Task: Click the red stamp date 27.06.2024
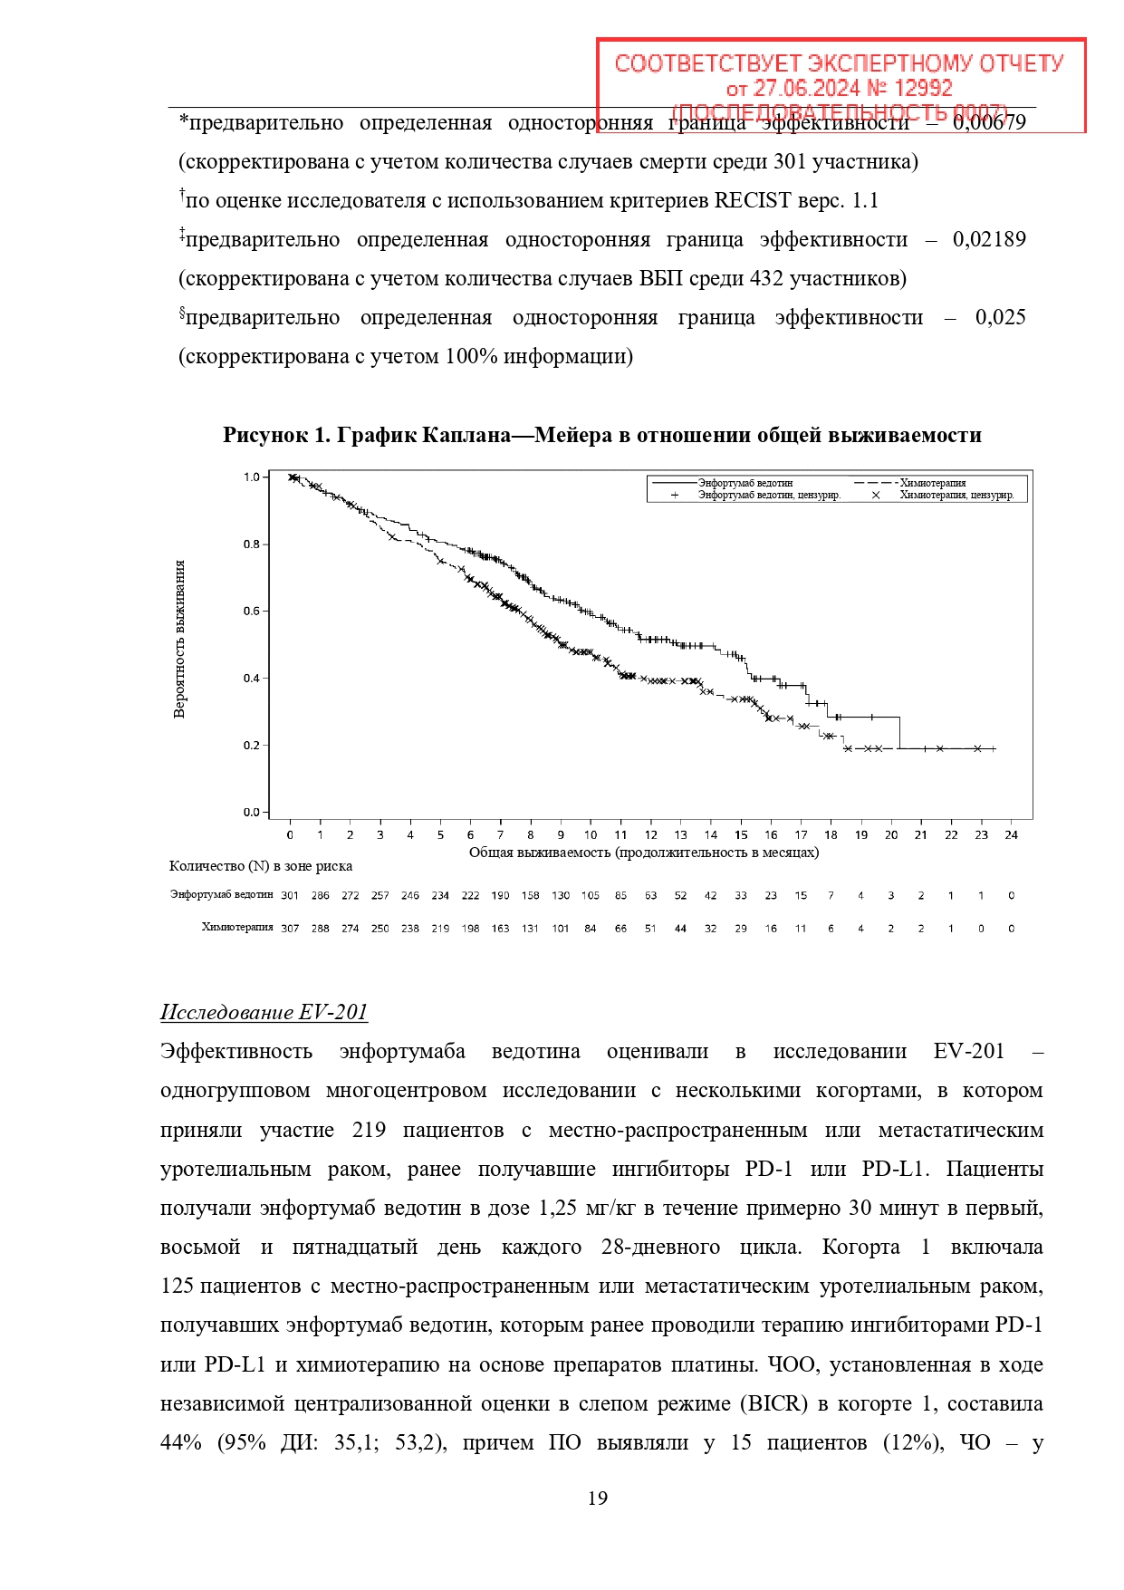pyautogui.click(x=806, y=89)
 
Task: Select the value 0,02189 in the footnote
pyautogui.click(x=989, y=240)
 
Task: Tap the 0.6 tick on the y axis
pyautogui.click(x=251, y=612)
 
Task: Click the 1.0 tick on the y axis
pyautogui.click(x=251, y=477)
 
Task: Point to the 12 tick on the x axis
pyautogui.click(x=650, y=835)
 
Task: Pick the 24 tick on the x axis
pyautogui.click(x=1011, y=835)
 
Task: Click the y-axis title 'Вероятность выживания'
pyautogui.click(x=179, y=639)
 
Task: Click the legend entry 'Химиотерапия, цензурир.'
pyautogui.click(x=956, y=496)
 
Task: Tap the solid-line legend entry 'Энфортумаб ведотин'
pyautogui.click(x=745, y=483)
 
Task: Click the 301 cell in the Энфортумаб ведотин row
pyautogui.click(x=290, y=896)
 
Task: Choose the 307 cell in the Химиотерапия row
pyautogui.click(x=290, y=929)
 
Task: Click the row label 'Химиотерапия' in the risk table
pyautogui.click(x=237, y=928)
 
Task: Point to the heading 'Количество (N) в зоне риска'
pyautogui.click(x=261, y=866)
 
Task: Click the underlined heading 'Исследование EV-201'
pyautogui.click(x=264, y=1013)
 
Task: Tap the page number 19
pyautogui.click(x=598, y=1498)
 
